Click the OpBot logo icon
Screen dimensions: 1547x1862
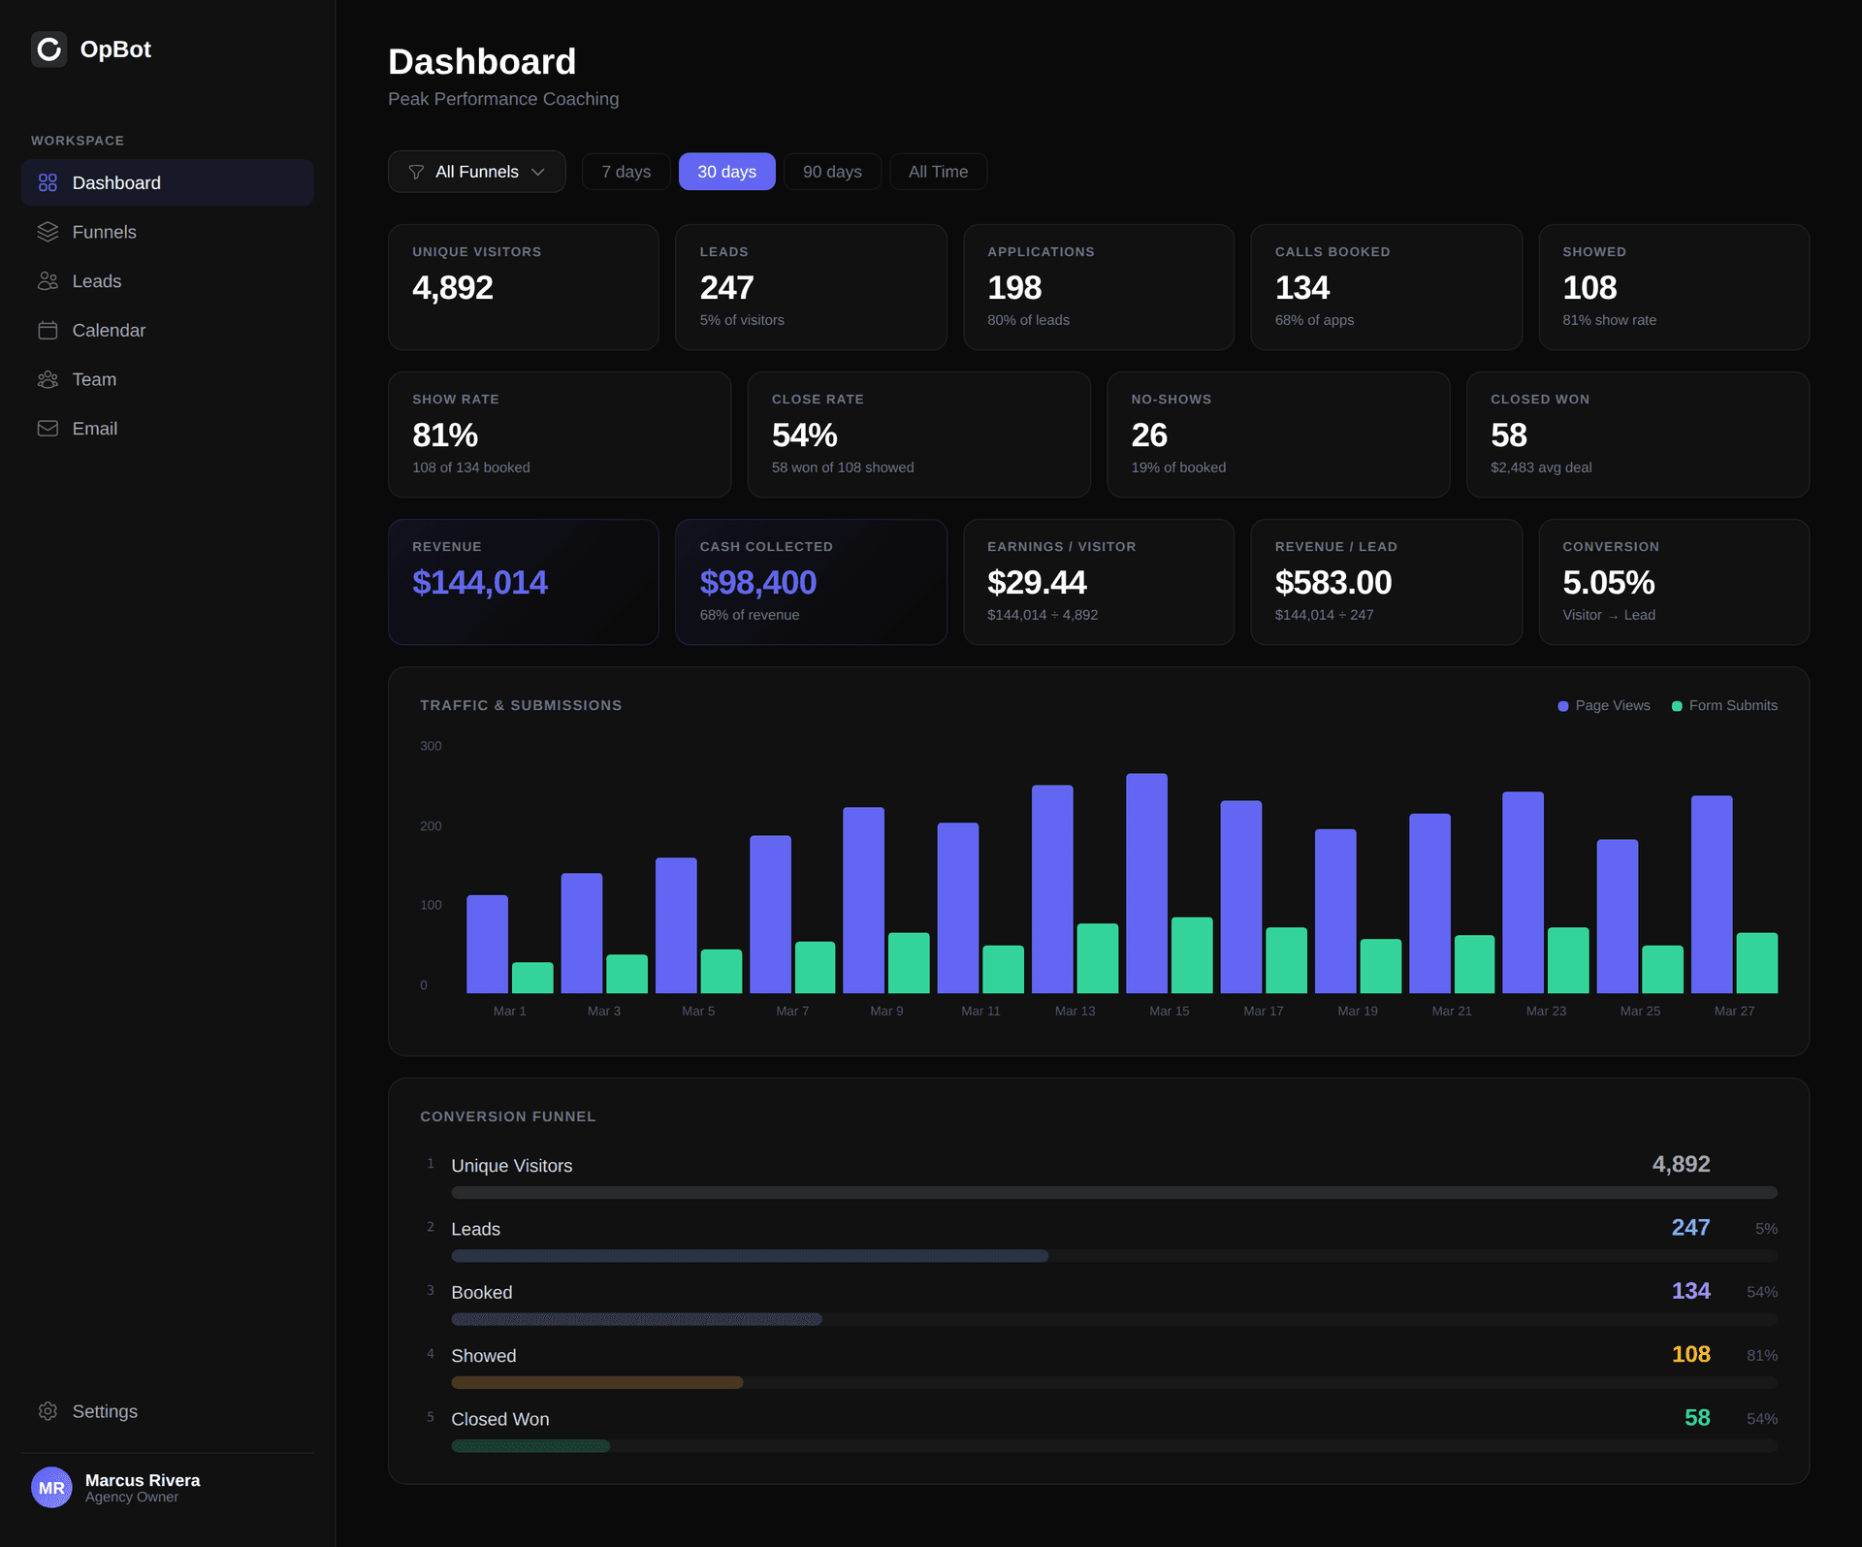[x=48, y=49]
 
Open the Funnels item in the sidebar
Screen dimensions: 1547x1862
[x=104, y=232]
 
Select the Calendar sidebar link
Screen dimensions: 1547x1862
[x=109, y=331]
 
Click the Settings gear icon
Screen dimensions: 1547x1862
[x=48, y=1411]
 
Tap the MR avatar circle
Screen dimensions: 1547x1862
[x=51, y=1487]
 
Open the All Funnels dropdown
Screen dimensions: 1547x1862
[x=476, y=172]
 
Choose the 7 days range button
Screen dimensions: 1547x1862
[x=626, y=172]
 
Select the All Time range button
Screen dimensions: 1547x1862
[x=937, y=172]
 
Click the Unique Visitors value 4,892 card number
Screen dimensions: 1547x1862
[x=452, y=288]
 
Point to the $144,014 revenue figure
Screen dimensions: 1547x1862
[x=479, y=583]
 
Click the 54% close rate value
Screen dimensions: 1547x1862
[x=804, y=435]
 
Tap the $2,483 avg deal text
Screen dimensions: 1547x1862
[x=1540, y=467]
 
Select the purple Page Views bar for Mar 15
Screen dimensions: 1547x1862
[x=1145, y=883]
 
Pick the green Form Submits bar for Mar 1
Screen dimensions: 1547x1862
[x=532, y=978]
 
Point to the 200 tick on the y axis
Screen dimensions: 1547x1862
[x=431, y=826]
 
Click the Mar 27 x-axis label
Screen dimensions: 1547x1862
[x=1733, y=1011]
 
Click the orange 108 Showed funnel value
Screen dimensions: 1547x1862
[x=1690, y=1354]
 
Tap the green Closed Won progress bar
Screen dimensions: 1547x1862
[x=530, y=1446]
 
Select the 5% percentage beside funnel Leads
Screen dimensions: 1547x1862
[x=1765, y=1229]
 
